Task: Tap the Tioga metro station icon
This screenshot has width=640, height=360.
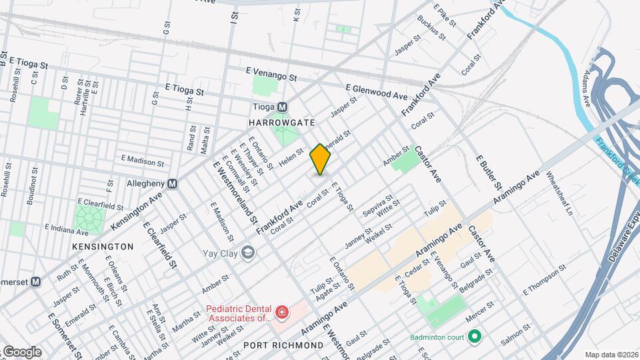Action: point(282,107)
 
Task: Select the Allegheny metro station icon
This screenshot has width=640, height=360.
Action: point(172,183)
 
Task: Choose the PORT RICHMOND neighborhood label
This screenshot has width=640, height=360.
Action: point(283,345)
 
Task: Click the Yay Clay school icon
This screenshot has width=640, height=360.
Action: point(248,253)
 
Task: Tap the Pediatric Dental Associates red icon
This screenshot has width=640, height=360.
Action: point(282,312)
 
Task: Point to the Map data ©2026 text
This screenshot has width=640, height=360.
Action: point(611,355)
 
